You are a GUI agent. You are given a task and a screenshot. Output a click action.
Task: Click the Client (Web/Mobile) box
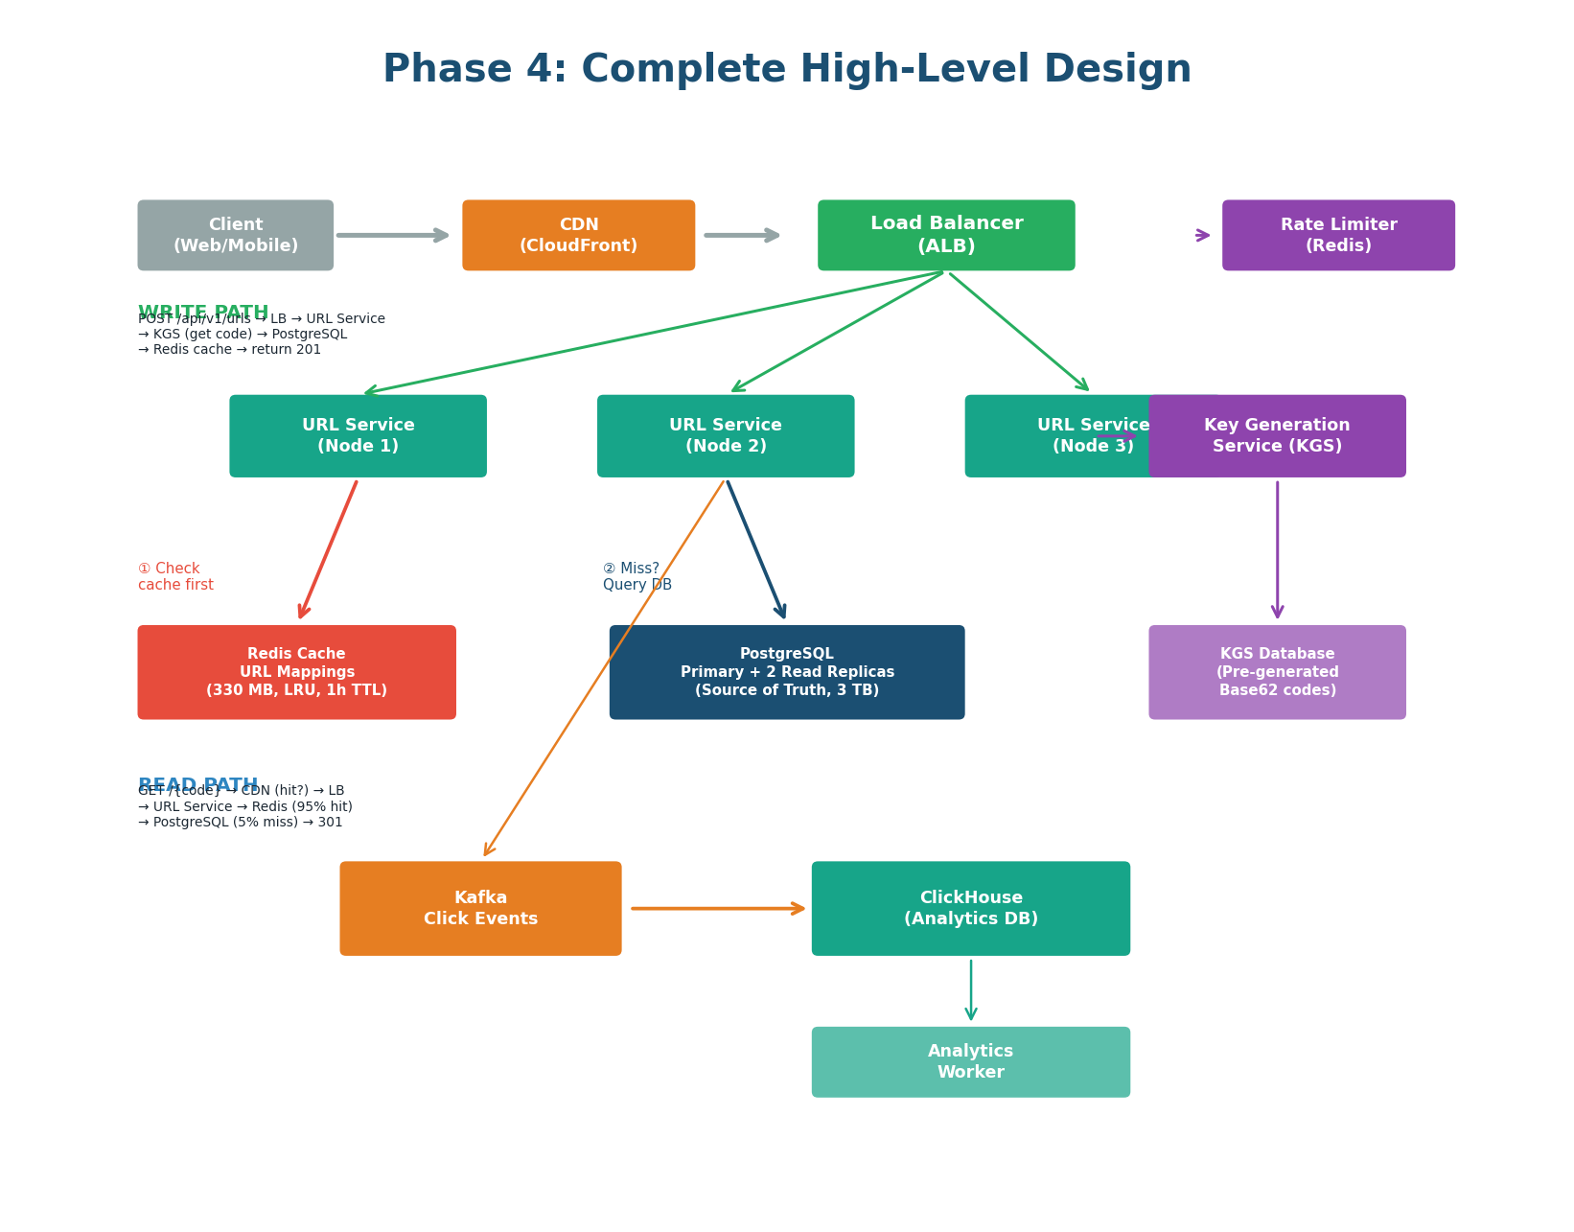pyautogui.click(x=235, y=235)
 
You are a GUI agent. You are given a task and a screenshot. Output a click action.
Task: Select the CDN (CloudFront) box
pyautogui.click(x=578, y=235)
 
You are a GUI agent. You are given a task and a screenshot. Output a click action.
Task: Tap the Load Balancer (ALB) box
pyautogui.click(x=946, y=235)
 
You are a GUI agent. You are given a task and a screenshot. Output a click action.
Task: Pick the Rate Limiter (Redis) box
pyautogui.click(x=1338, y=235)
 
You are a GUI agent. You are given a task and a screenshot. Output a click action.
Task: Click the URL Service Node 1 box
pyautogui.click(x=358, y=436)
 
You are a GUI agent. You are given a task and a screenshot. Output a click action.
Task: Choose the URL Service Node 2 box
pyautogui.click(x=726, y=436)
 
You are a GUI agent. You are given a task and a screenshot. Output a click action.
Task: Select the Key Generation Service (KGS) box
pyautogui.click(x=1277, y=436)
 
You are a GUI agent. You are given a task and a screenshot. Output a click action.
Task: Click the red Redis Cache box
pyautogui.click(x=296, y=672)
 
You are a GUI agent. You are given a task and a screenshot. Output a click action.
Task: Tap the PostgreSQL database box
pyautogui.click(x=787, y=672)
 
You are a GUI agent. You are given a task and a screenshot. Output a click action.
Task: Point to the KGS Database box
pyautogui.click(x=1277, y=672)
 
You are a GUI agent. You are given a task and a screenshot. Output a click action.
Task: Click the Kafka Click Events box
pyautogui.click(x=480, y=908)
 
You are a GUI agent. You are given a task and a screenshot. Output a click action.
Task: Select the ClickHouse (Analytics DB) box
pyautogui.click(x=970, y=908)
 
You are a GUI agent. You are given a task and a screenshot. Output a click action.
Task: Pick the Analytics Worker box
pyautogui.click(x=970, y=1062)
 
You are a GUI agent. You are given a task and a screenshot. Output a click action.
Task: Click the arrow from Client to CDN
pyautogui.click(x=393, y=235)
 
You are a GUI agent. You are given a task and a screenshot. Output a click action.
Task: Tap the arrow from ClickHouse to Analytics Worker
pyautogui.click(x=971, y=990)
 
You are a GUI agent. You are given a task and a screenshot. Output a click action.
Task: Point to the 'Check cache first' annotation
pyautogui.click(x=175, y=576)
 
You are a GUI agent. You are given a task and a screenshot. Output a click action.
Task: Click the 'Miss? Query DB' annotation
pyautogui.click(x=637, y=576)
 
